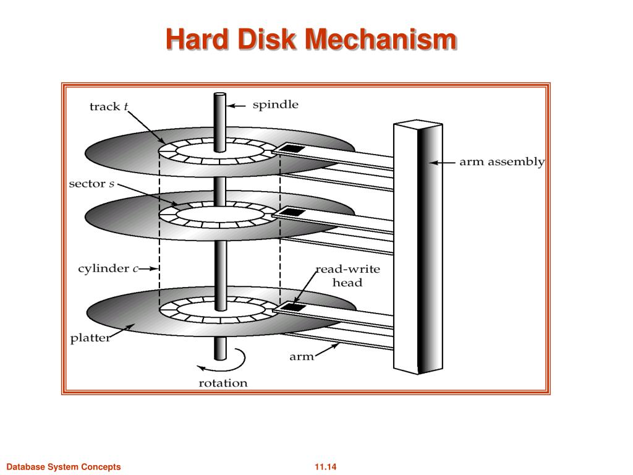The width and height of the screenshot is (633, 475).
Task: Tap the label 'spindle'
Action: tap(275, 105)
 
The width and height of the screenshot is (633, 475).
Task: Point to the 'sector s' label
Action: tap(91, 184)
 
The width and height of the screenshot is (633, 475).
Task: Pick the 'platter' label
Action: tap(90, 338)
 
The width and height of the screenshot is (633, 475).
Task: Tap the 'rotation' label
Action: tap(223, 383)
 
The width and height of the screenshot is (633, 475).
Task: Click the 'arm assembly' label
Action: tap(501, 163)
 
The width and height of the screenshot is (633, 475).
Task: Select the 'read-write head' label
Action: tap(347, 276)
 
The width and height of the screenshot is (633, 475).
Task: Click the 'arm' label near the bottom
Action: tap(302, 356)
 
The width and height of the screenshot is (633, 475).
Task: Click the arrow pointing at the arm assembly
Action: tap(443, 163)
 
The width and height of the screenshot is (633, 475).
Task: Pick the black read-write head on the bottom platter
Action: tap(290, 307)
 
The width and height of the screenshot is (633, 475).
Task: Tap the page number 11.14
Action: tap(325, 467)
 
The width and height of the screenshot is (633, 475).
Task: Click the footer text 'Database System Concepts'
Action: tap(63, 467)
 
